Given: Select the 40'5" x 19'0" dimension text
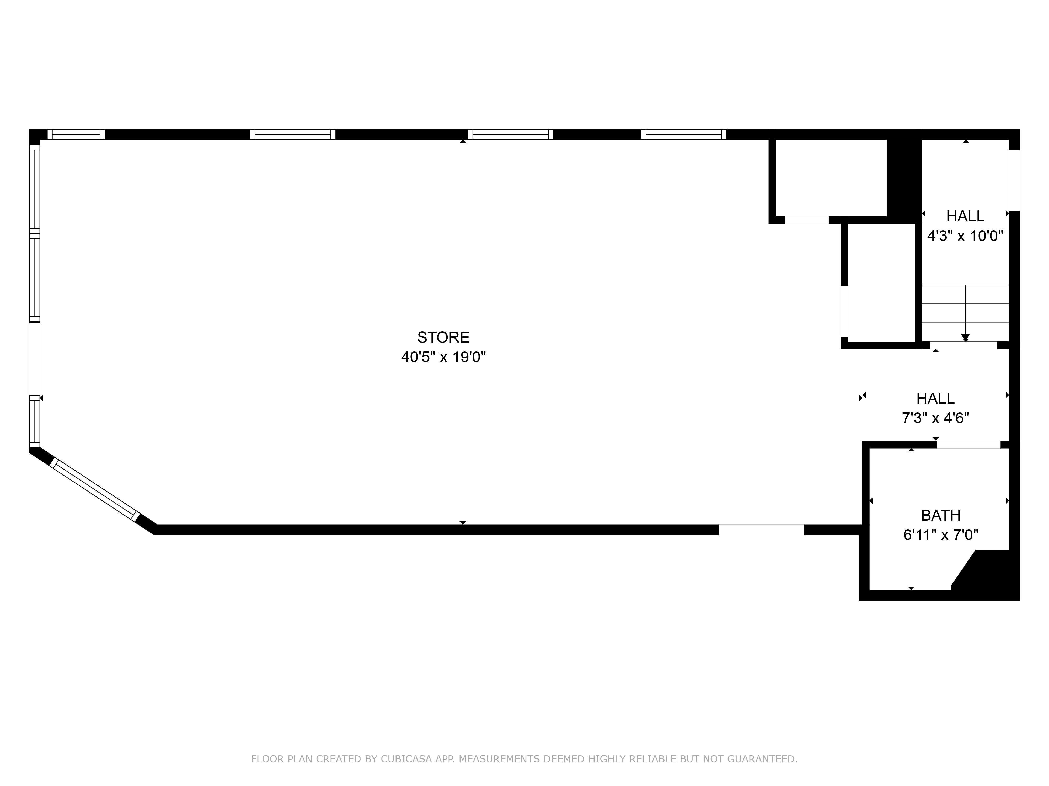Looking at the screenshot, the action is (443, 357).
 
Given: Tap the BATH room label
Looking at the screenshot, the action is (940, 515).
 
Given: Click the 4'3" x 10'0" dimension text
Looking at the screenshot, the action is (965, 236).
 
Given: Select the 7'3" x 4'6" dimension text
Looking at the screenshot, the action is (935, 418).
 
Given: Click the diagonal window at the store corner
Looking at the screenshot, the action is (95, 489).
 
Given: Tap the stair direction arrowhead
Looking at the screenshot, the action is (965, 338).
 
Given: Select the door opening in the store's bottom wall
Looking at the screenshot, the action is (761, 529).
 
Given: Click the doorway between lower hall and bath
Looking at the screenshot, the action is (968, 444).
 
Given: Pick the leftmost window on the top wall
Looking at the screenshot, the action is (76, 134).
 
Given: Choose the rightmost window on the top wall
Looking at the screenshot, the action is (684, 134).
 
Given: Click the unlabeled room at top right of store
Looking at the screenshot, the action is (831, 178).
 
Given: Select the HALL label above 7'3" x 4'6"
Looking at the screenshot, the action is (935, 399).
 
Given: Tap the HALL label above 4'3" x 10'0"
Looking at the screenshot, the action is (965, 216).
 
